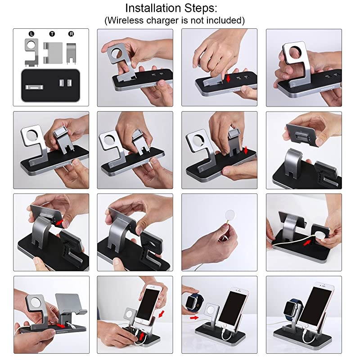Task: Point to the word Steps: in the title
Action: click(x=217, y=8)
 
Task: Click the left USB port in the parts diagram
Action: click(x=62, y=83)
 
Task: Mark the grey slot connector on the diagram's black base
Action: click(x=33, y=87)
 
